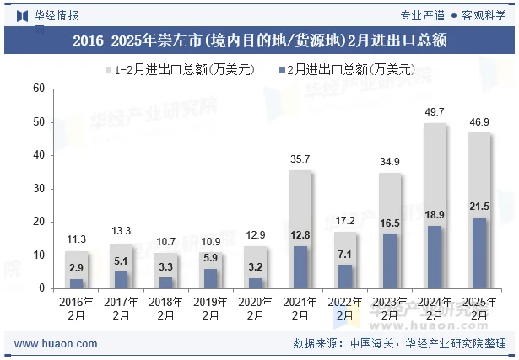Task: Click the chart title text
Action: tap(259, 40)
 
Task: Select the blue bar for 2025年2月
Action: tap(479, 253)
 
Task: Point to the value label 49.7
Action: tap(435, 112)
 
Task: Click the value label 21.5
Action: tap(479, 207)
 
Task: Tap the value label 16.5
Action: tap(390, 223)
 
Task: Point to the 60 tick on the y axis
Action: tap(38, 89)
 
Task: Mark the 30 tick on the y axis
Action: tap(38, 188)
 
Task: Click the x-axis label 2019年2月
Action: tap(211, 309)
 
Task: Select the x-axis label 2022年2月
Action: tap(345, 309)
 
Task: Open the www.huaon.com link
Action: tap(56, 344)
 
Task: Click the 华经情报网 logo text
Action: tap(56, 15)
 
